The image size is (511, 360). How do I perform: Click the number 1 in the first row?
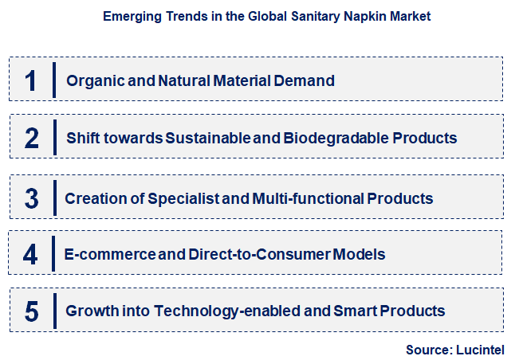32,80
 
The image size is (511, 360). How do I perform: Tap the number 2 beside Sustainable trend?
32,138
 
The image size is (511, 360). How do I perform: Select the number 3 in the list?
32,198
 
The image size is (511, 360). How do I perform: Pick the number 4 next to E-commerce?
31,255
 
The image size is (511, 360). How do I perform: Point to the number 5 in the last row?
32,311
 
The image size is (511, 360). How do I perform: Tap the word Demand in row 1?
308,80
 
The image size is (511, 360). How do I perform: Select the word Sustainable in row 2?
210,138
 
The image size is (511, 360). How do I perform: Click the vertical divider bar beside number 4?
53,255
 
